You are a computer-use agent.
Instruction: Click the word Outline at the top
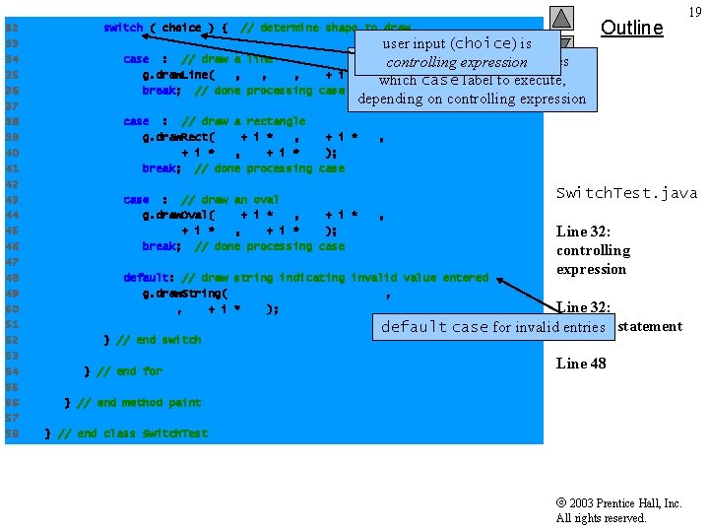631,28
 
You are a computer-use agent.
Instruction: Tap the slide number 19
694,12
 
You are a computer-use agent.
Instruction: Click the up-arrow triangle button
562,17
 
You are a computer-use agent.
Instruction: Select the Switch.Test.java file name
626,193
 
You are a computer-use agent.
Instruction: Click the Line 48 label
581,364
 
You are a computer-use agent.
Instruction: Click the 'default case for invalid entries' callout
492,327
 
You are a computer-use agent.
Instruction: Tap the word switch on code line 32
123,28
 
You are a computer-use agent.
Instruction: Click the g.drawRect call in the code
178,137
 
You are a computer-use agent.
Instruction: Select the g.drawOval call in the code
178,215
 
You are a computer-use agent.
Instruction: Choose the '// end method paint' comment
139,403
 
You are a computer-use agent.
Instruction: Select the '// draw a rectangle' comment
243,121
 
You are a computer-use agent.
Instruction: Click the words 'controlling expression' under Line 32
593,260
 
